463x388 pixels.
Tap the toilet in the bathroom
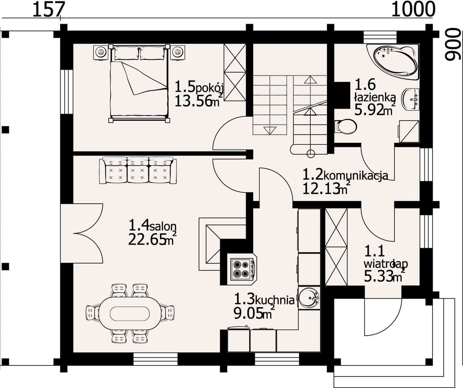tap(346, 127)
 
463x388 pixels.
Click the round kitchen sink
tap(309, 298)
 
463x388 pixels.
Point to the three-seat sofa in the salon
tap(138, 171)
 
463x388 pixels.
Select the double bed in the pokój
tap(139, 83)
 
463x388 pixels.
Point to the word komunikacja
tap(356, 176)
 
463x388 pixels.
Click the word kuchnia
tap(275, 301)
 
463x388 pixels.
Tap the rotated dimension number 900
tap(454, 47)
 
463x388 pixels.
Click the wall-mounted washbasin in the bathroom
tap(411, 99)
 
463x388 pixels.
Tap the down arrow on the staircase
tap(270, 131)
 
